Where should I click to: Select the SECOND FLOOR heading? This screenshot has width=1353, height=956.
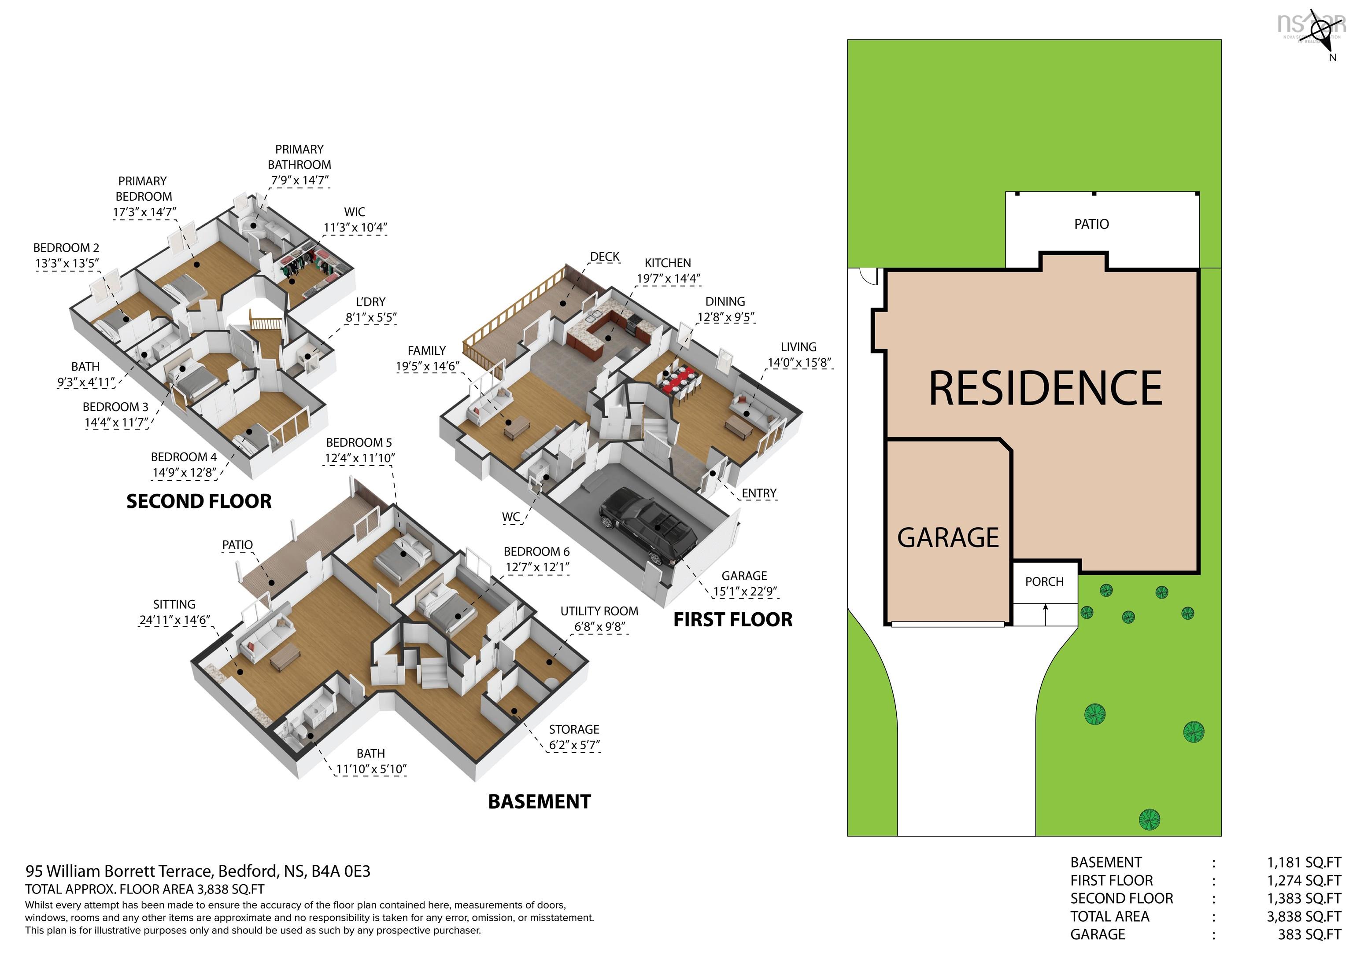[199, 501]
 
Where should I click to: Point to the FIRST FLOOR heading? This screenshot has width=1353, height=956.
[733, 620]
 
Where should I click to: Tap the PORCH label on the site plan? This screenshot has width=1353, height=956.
[1044, 582]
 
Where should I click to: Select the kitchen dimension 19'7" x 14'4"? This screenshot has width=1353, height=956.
[668, 279]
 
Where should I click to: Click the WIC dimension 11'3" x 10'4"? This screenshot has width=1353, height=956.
[355, 228]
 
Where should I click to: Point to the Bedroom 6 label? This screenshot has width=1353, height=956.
[536, 552]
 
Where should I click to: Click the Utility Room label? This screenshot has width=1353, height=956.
[599, 611]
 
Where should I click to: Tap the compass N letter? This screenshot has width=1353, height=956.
[1332, 58]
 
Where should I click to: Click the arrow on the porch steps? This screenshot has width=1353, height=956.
[1046, 614]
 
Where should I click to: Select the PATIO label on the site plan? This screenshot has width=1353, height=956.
[1091, 224]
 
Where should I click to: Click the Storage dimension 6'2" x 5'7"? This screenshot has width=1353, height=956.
[575, 745]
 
